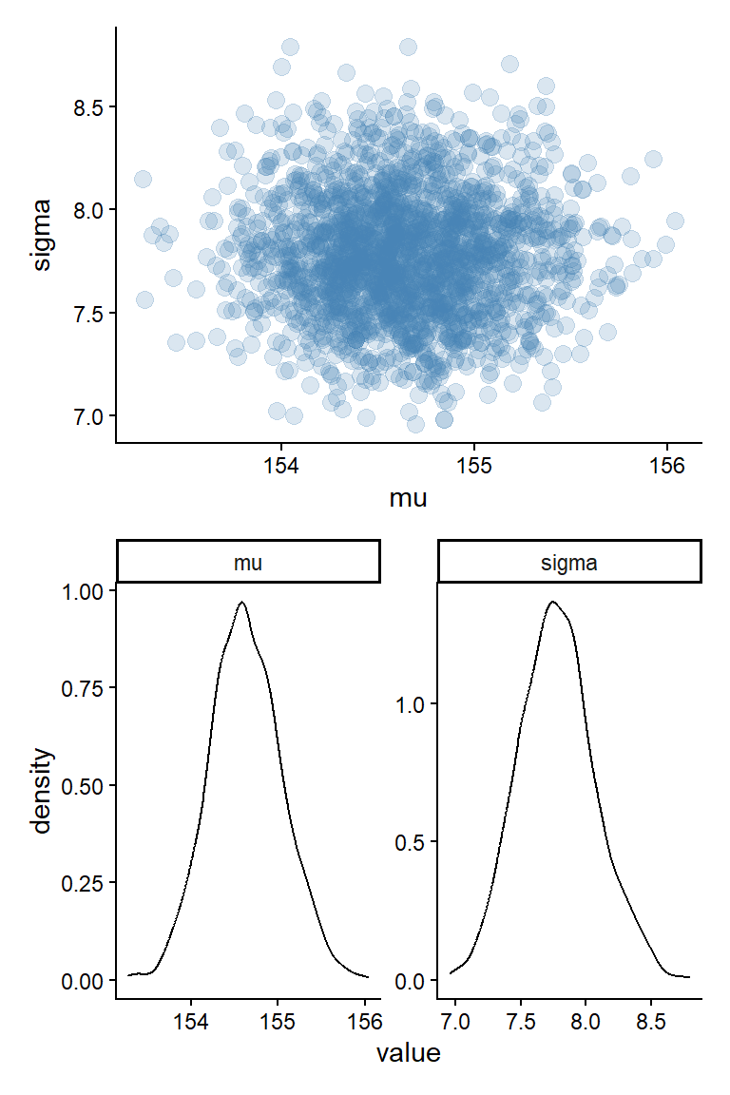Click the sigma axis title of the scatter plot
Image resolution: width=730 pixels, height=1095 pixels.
(43, 234)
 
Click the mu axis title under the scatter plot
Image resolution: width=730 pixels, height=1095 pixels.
(409, 497)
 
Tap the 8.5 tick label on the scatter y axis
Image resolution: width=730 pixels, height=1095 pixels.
(87, 106)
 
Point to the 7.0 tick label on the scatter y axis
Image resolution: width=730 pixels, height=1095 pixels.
(87, 415)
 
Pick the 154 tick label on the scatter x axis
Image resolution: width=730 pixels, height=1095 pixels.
(280, 467)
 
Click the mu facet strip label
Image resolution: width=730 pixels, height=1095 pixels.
(248, 563)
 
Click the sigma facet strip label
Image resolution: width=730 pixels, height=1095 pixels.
(568, 563)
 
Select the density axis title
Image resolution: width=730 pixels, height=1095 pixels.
(43, 791)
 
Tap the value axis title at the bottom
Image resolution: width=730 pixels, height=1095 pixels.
(409, 1053)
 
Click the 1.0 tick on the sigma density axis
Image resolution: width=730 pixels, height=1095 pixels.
(411, 703)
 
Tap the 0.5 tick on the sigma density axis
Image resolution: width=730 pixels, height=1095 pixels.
(411, 842)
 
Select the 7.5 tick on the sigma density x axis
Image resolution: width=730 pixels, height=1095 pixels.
(521, 1022)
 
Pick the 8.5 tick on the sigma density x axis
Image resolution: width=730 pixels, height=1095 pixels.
(650, 1022)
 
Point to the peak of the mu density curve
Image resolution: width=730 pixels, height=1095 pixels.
(242, 602)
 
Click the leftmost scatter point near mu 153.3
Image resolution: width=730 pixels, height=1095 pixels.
(143, 179)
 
